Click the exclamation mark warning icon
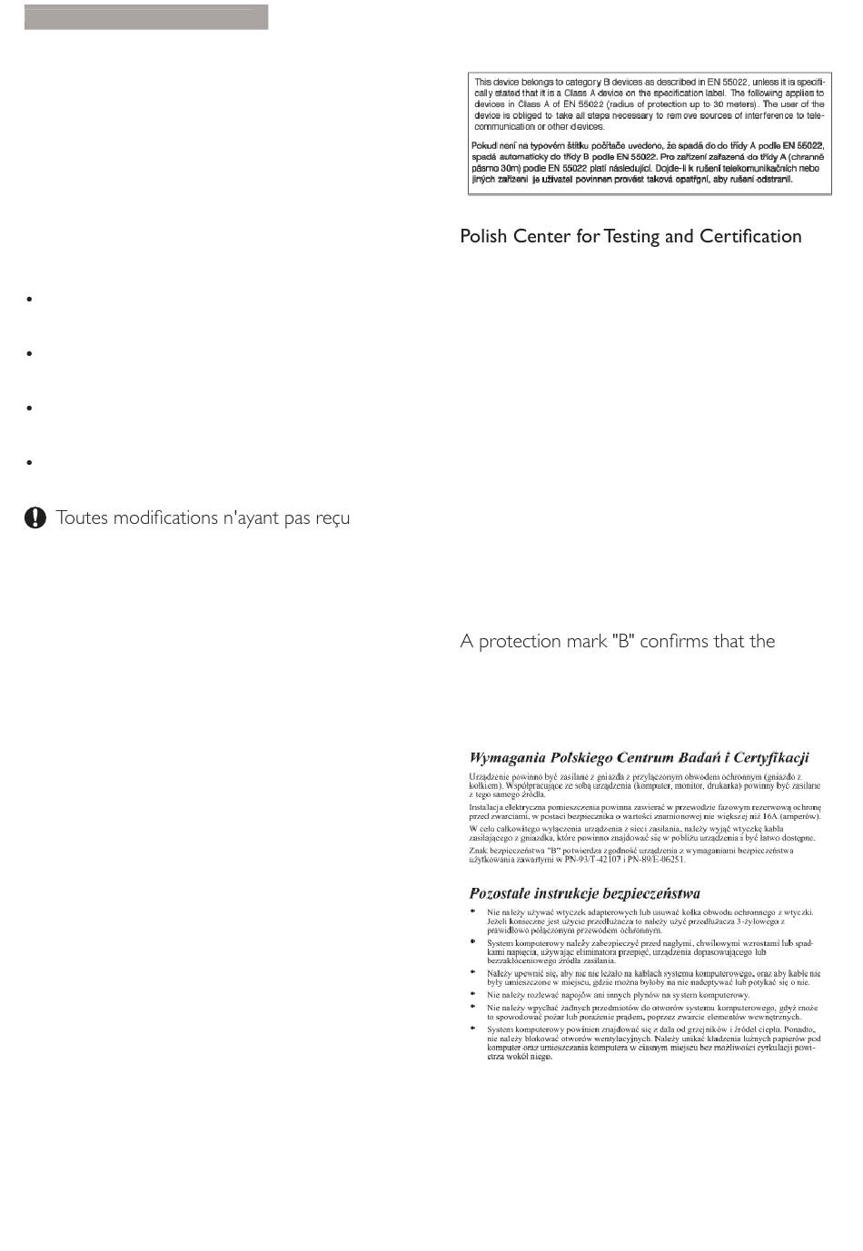[x=35, y=517]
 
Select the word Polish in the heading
[x=484, y=236]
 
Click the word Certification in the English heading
[x=750, y=236]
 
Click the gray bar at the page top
[x=146, y=16]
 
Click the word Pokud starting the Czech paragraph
[x=486, y=146]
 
